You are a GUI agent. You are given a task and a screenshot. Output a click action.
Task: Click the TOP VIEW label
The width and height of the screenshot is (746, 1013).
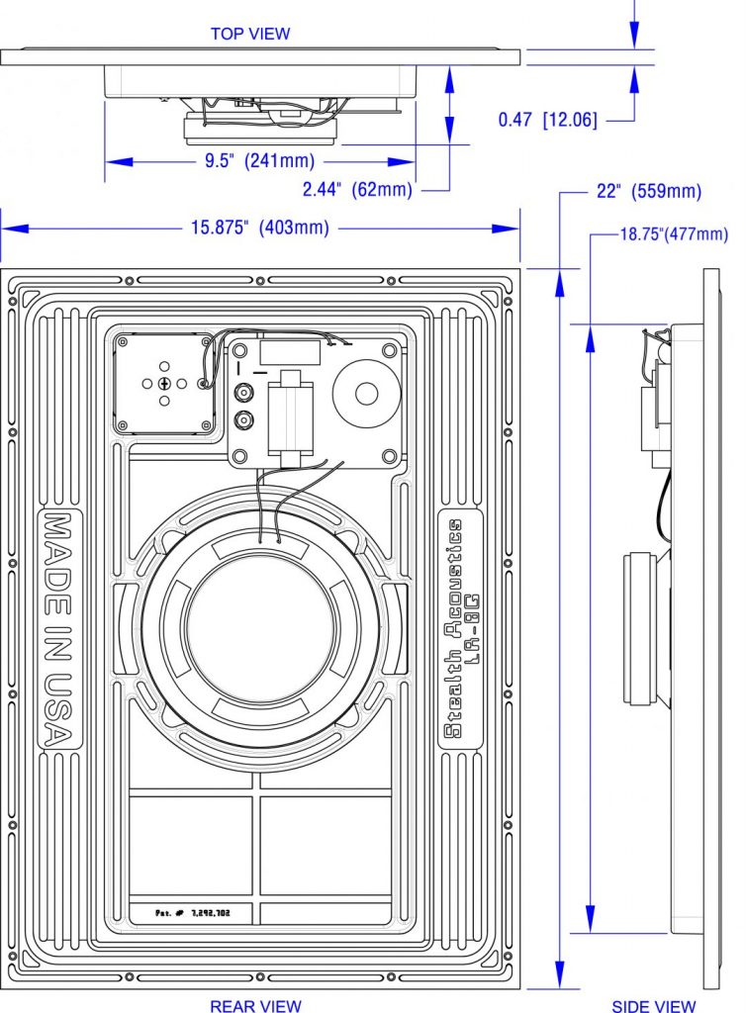250,34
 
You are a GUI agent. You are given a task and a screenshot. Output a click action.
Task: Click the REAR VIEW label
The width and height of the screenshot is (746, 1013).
256,1005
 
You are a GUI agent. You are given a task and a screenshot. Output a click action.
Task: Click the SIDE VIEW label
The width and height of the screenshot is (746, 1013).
653,1005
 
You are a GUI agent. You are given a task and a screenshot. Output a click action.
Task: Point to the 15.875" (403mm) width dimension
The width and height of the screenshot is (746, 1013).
259,228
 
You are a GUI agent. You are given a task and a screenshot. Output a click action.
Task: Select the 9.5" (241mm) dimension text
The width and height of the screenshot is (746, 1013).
259,160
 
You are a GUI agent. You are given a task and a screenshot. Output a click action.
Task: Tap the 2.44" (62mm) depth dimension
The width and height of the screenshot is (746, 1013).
357,189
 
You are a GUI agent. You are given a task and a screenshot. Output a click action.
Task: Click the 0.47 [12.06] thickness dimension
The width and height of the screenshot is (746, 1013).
548,120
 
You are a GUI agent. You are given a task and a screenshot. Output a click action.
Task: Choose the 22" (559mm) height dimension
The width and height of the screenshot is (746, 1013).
648,191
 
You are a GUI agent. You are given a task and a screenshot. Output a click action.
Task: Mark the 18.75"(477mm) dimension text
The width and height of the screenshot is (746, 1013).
674,233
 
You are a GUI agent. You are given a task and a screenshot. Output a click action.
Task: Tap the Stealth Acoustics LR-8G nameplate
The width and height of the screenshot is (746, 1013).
460,628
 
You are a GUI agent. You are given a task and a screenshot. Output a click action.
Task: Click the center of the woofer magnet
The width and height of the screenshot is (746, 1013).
261,626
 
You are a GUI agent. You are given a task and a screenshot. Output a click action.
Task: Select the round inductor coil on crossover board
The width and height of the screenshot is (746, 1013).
366,394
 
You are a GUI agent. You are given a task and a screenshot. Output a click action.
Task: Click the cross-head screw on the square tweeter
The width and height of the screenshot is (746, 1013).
164,384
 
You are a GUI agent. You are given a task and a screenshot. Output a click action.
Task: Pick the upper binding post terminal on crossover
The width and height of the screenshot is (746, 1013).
244,392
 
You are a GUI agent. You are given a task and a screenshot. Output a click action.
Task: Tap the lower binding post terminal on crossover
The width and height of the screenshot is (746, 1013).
244,420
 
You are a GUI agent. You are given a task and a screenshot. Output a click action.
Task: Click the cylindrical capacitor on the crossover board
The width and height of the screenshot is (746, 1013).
291,416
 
